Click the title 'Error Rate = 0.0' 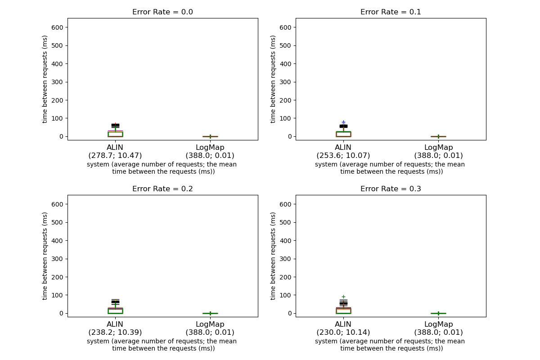pos(162,12)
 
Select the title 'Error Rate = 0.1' pos(391,12)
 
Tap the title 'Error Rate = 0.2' pos(162,189)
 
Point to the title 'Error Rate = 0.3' pos(391,189)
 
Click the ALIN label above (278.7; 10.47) pos(115,147)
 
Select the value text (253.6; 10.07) pos(343,156)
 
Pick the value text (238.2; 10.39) pos(115,333)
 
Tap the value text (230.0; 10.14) pos(343,333)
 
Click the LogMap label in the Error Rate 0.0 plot pos(210,147)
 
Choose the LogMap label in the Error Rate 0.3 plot pos(438,324)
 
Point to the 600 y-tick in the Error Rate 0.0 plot pos(58,27)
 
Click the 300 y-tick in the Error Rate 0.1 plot pos(287,82)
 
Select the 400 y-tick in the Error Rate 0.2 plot pos(58,241)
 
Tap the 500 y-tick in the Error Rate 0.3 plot pos(287,222)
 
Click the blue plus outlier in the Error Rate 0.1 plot pos(343,122)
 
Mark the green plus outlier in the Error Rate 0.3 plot pos(343,297)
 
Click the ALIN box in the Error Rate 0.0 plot pos(115,134)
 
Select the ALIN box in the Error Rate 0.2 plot pos(115,310)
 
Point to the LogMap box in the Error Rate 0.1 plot pos(438,136)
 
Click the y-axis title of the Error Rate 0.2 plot pos(45,256)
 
